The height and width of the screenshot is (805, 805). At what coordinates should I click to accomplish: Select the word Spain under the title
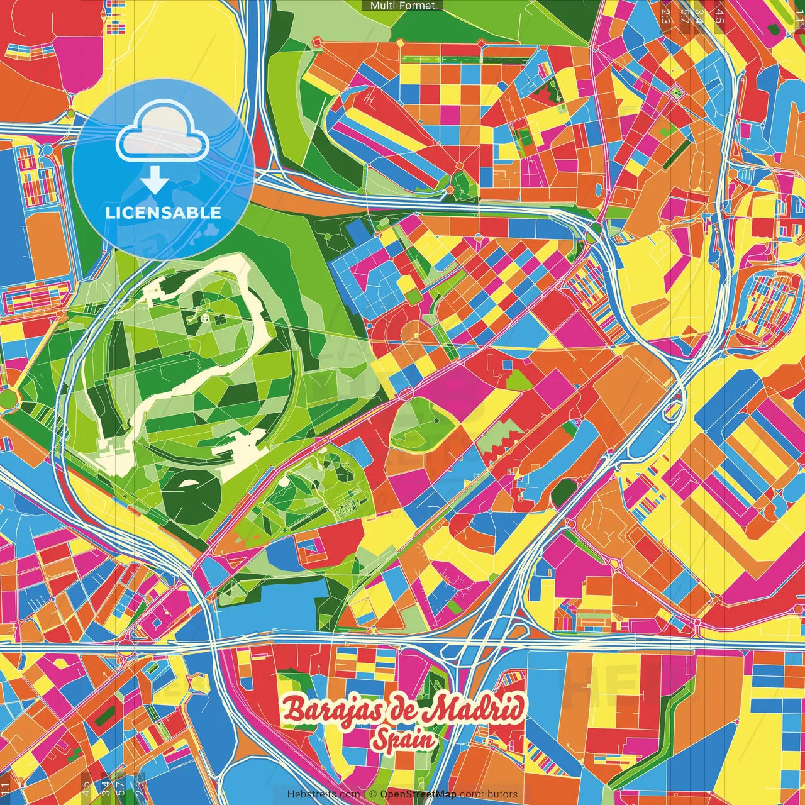(x=403, y=740)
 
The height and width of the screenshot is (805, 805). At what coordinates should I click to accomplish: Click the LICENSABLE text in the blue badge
(x=163, y=213)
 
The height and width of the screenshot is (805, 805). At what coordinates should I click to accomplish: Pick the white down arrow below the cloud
(x=155, y=180)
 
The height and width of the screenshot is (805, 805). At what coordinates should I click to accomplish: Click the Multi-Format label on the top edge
(x=402, y=6)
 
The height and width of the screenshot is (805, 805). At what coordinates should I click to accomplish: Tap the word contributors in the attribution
(x=489, y=794)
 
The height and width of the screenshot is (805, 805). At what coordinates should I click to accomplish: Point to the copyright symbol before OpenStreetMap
(x=372, y=794)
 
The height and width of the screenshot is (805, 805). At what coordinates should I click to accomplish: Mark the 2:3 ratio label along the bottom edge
(x=138, y=787)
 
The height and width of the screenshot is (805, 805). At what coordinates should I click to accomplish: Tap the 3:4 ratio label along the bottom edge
(x=105, y=787)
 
